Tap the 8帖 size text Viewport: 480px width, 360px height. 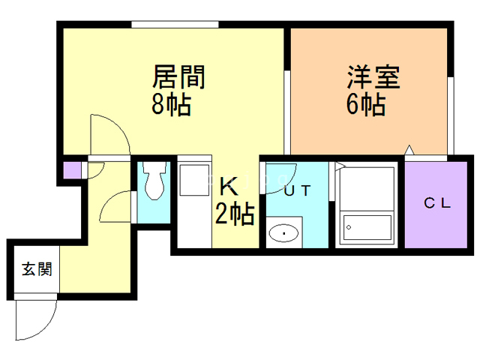(171, 104)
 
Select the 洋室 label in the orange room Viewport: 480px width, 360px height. (373, 78)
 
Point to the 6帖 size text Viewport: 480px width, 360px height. (365, 104)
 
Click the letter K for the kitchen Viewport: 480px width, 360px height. (227, 185)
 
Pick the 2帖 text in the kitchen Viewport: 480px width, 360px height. (235, 214)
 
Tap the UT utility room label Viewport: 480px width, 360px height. (296, 191)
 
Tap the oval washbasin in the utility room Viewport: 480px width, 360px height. (284, 233)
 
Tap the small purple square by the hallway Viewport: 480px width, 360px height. (71, 169)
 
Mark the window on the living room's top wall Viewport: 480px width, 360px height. (175, 24)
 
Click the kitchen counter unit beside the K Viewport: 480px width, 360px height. (194, 202)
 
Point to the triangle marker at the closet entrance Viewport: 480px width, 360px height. (409, 151)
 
